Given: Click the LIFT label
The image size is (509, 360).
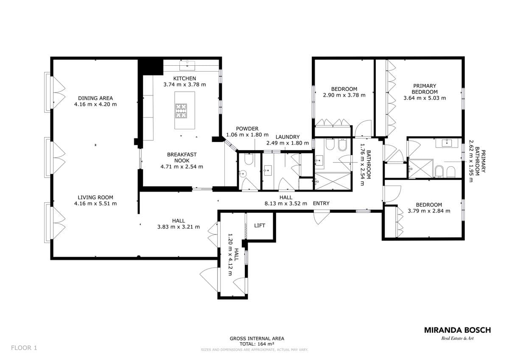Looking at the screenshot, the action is point(260,226).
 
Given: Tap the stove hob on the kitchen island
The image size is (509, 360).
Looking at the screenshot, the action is point(181,111).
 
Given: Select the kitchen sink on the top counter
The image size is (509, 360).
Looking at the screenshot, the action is point(187,65).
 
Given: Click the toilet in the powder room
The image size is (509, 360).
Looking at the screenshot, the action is point(249,159).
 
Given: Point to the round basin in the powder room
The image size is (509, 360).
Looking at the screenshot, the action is point(243,174).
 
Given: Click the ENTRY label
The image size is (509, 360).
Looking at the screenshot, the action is point(321,203).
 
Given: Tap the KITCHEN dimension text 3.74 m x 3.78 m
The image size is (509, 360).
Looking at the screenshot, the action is point(185,84).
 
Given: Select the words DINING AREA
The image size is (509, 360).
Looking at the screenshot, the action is point(95,98).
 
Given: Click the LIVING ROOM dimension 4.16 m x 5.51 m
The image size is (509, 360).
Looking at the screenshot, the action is point(95,204).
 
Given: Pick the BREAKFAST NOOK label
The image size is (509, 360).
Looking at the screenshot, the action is point(182,157).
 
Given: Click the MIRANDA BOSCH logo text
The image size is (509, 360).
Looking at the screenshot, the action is point(457,330).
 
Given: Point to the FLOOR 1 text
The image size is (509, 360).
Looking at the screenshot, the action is point(24,348).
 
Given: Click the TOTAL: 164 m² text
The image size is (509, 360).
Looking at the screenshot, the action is point(257,344).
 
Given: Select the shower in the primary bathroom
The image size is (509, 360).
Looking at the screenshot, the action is point(420,168).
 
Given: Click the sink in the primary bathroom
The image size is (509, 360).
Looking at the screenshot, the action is point(447,143).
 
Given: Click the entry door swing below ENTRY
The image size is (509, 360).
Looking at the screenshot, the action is point(321,217).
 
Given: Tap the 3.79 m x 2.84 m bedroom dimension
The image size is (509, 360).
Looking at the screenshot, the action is point(429,211).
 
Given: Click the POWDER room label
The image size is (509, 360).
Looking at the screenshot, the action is point(247,128).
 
